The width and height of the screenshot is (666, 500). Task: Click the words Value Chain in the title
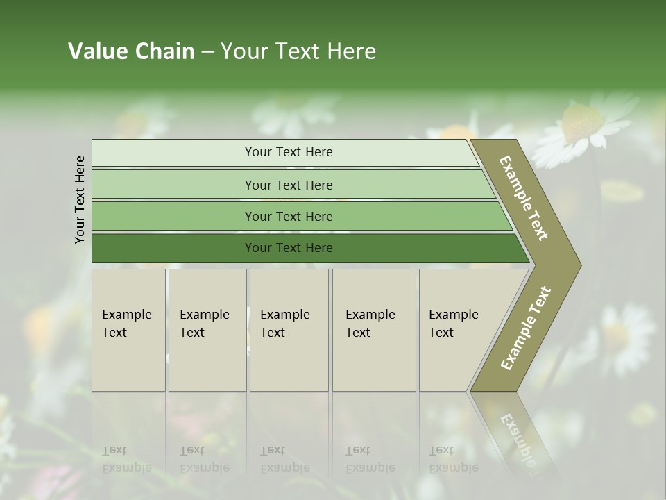[131, 51]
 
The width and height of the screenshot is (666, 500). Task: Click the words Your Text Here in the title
[298, 51]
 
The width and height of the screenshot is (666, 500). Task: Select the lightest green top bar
[173, 152]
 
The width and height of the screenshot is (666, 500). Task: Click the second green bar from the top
[173, 185]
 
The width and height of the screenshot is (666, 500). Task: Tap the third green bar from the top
[173, 216]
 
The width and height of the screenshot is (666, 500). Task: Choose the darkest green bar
[173, 248]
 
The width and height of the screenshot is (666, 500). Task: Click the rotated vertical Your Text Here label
[80, 199]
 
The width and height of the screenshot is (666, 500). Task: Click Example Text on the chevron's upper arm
[524, 198]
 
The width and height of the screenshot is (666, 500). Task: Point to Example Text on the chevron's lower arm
[526, 328]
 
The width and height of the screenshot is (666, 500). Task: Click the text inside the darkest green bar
[289, 248]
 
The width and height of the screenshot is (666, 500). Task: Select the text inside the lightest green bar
[289, 152]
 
